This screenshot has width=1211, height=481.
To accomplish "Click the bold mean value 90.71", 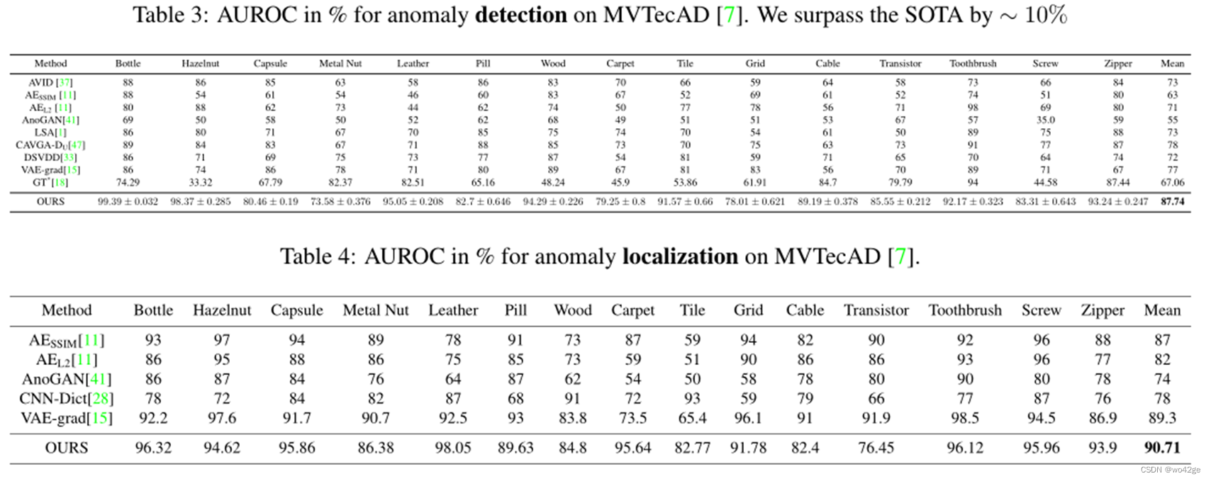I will tap(1161, 448).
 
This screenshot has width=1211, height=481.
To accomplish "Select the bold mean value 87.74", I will tap(1172, 202).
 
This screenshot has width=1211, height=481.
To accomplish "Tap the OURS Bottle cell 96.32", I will tap(153, 448).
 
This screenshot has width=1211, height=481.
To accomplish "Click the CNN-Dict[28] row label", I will tap(67, 399).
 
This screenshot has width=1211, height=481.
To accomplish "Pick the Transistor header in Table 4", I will tap(876, 310).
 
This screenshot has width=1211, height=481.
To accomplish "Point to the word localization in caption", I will tap(679, 256).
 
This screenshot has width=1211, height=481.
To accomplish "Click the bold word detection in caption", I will tap(520, 15).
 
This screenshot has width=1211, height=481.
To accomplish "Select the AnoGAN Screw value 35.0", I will tap(1045, 120).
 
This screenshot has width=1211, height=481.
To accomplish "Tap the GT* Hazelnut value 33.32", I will tap(200, 182).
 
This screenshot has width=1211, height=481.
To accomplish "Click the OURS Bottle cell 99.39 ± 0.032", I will tap(128, 202).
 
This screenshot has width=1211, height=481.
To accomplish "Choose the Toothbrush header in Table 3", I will tap(973, 63).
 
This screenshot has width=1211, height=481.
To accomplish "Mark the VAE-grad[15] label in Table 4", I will tap(67, 418).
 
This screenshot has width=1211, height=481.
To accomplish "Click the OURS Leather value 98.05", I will tap(452, 448).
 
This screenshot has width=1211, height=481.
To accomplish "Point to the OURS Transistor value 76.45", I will tap(876, 448).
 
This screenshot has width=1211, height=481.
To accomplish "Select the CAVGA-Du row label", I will tap(50, 145).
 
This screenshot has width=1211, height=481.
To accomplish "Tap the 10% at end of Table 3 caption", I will tap(1046, 15).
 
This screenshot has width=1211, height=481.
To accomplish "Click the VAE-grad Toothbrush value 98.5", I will tap(964, 418).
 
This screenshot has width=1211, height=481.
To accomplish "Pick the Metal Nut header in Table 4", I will tap(376, 310).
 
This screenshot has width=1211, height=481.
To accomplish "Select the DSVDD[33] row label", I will tap(50, 157).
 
